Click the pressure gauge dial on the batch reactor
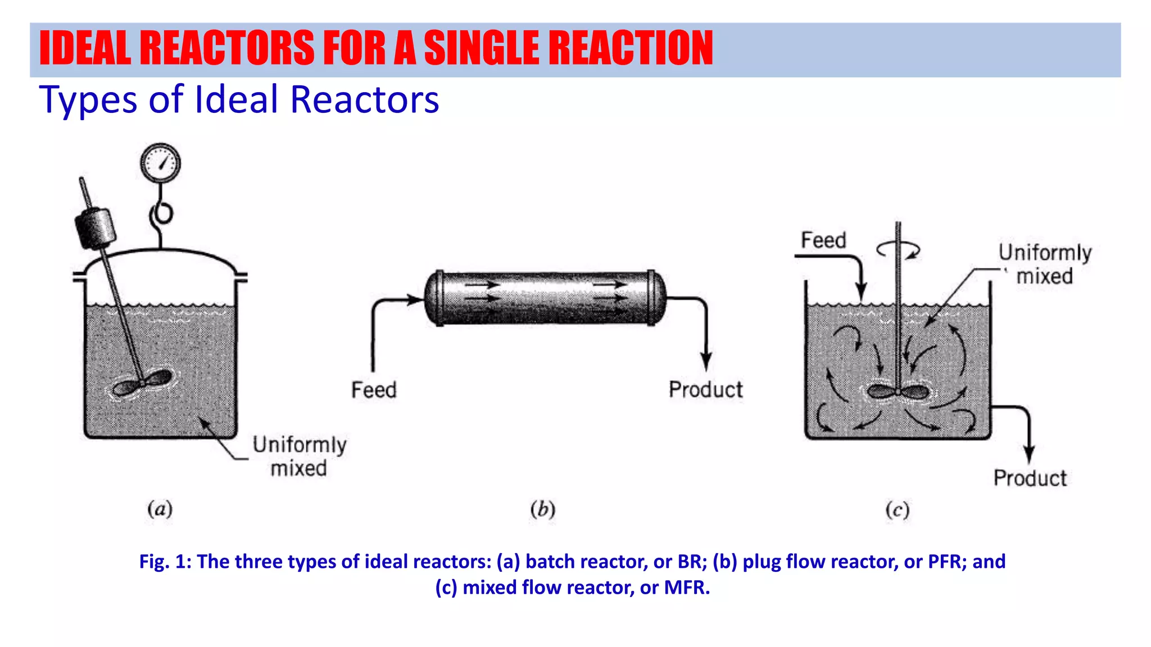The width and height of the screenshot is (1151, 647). click(160, 163)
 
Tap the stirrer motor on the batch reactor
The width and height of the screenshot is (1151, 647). click(96, 227)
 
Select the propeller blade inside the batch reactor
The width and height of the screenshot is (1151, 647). click(142, 384)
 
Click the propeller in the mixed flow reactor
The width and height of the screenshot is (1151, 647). click(898, 391)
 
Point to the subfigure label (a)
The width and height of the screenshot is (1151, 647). click(160, 509)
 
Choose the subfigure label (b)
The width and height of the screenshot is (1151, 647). click(542, 509)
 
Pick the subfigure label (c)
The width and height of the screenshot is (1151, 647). click(897, 510)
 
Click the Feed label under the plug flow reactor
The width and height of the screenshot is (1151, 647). click(374, 390)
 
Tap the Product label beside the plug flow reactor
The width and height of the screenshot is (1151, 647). click(705, 389)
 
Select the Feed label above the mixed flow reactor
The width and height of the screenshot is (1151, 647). click(823, 240)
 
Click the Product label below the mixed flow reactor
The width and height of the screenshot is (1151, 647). click(1030, 478)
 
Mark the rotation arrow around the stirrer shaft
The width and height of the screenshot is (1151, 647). click(899, 249)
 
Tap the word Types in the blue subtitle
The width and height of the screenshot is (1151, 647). click(88, 100)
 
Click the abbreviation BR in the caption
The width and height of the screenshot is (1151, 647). click(690, 562)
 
